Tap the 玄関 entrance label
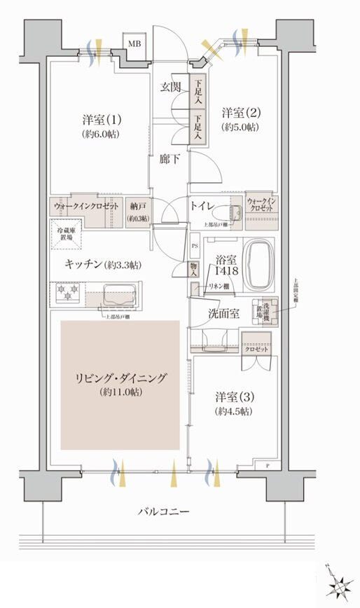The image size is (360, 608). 170,88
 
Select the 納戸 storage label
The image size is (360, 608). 137,206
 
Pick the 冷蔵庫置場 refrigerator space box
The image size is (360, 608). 65,234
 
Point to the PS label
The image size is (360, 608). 194,247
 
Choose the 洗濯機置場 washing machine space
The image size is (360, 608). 267,312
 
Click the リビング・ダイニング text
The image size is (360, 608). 123,378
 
